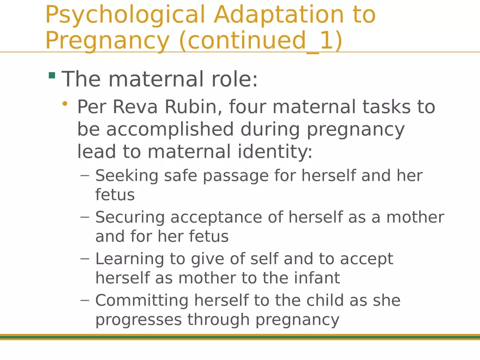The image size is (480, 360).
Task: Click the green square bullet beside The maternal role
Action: [52, 75]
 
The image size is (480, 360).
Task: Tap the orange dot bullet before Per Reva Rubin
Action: [65, 104]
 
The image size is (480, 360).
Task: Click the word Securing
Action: [130, 217]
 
